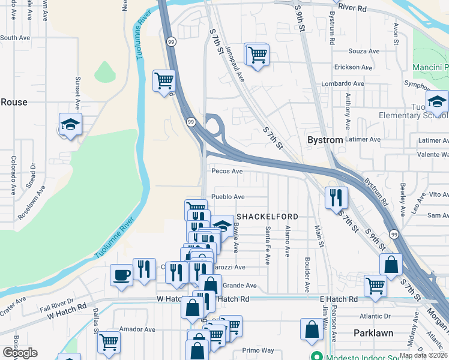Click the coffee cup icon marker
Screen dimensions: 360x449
pos(122,275)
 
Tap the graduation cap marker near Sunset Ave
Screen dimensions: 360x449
pos(71,124)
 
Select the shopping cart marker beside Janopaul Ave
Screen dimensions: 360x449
pos(257,55)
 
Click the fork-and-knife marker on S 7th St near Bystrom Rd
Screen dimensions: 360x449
pos(336,197)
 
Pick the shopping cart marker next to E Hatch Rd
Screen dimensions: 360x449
pos(376,285)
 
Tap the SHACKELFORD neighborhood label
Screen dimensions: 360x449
pos(267,216)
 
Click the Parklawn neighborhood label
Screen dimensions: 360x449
pos(373,333)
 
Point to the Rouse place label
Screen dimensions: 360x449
pos(14,102)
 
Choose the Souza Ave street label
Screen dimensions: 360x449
pos(364,51)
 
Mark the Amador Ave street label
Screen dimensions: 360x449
pos(137,329)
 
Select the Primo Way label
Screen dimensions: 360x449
pos(258,350)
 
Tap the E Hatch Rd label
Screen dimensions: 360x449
pos(339,299)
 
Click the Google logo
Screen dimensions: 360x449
pos(20,353)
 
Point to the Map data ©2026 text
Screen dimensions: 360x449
pos(423,355)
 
